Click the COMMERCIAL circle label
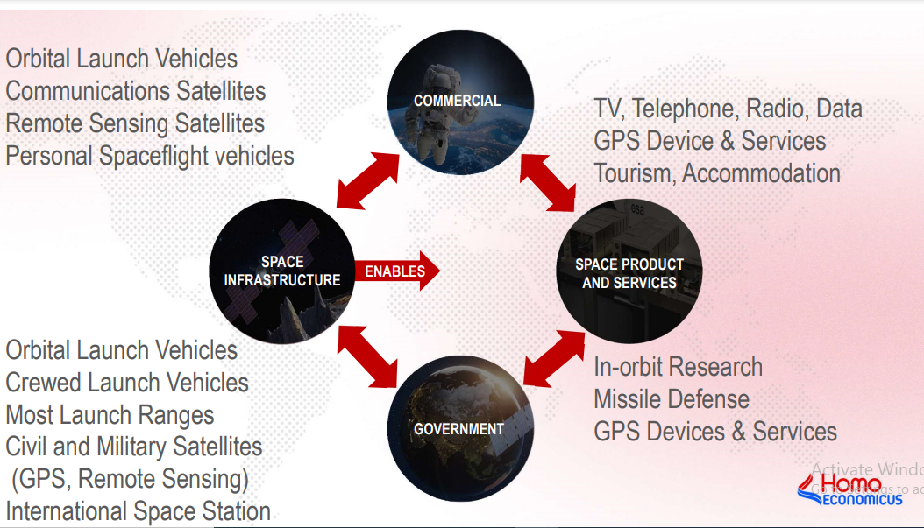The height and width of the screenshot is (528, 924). click(x=458, y=101)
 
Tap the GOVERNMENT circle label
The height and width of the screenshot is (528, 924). click(x=458, y=429)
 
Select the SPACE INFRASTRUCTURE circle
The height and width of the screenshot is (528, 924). click(x=282, y=271)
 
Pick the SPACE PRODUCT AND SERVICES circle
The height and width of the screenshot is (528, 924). click(x=629, y=271)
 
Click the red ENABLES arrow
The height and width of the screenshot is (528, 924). click(x=397, y=271)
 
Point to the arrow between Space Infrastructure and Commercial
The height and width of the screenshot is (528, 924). click(x=368, y=180)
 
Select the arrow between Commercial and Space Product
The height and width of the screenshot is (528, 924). click(x=547, y=182)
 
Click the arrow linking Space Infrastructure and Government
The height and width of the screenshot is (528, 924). click(x=367, y=357)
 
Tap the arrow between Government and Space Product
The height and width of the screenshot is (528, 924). click(x=554, y=358)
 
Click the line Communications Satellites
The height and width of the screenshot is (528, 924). click(x=136, y=91)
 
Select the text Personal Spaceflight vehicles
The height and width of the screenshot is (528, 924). click(x=150, y=156)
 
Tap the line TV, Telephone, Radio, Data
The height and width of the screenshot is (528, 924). click(x=728, y=109)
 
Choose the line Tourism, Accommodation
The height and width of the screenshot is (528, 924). click(x=717, y=173)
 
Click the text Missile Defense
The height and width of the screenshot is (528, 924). click(x=672, y=399)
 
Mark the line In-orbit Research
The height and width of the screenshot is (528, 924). click(x=678, y=367)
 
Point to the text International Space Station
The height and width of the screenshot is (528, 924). click(x=138, y=511)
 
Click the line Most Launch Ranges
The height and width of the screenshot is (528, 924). click(x=110, y=415)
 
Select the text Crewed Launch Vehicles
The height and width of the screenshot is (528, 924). click(x=127, y=383)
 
